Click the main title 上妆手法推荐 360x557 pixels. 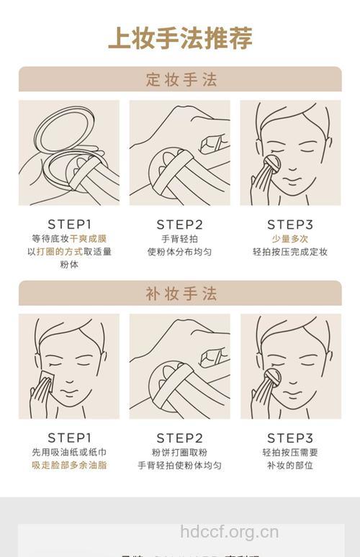point(180,37)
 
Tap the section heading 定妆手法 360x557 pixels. point(180,79)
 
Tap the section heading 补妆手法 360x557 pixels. point(180,294)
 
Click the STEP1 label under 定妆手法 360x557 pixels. point(69,224)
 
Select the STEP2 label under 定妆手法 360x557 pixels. point(180,224)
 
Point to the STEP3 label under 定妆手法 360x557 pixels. point(290,224)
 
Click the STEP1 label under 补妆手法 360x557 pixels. point(69,438)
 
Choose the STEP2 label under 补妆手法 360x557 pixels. point(180,438)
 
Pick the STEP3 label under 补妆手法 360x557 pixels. point(290,438)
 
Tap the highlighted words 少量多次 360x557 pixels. point(290,238)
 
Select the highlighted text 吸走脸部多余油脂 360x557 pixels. point(69,466)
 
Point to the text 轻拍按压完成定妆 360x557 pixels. point(290,252)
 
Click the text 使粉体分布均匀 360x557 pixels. point(180,252)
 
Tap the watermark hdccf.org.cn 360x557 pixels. point(229,533)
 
